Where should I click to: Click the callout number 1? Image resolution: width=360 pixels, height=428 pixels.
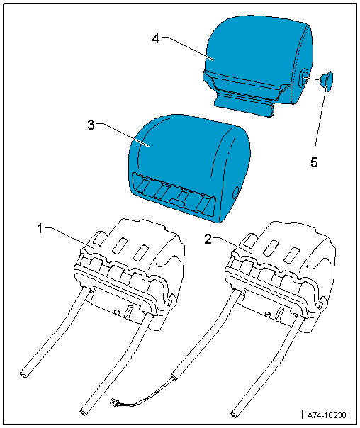40,228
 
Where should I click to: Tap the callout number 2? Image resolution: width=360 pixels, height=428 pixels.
208,240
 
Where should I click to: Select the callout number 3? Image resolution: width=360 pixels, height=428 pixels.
91,125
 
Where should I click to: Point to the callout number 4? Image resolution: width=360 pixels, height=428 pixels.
156,39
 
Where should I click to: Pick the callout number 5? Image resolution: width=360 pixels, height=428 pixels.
314,162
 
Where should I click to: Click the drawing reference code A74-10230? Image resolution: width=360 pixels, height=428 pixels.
327,415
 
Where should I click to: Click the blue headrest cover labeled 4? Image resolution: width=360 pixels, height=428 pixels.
257,65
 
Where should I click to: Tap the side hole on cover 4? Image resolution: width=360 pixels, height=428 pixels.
304,78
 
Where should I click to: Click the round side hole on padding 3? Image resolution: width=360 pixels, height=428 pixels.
235,193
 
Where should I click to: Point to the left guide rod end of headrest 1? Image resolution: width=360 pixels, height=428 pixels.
24,374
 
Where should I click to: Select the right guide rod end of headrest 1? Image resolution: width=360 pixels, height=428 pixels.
84,412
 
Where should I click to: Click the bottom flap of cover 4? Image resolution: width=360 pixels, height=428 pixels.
244,105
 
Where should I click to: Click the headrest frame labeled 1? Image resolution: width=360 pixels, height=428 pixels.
128,273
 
